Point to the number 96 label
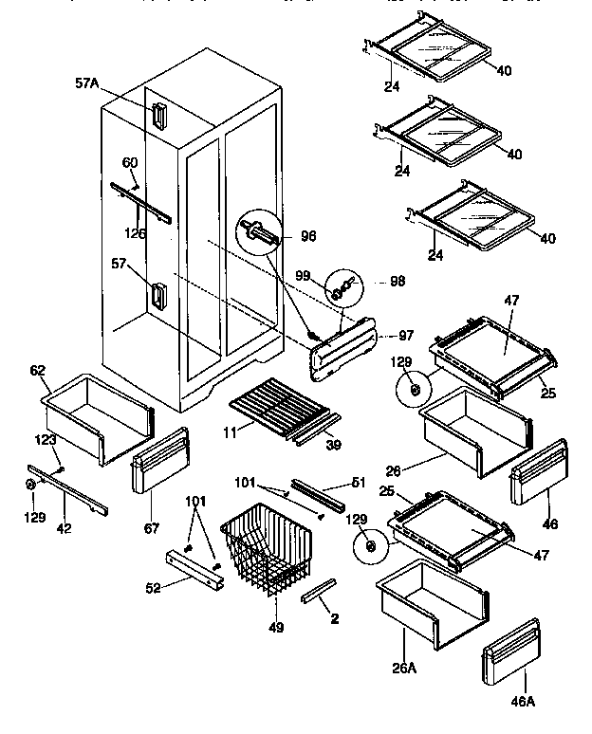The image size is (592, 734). [x=308, y=236]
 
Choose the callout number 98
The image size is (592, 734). [x=397, y=282]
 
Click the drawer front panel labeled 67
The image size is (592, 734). [x=159, y=460]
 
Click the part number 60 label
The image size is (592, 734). [x=130, y=162]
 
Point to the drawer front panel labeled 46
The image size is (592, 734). [x=538, y=471]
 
